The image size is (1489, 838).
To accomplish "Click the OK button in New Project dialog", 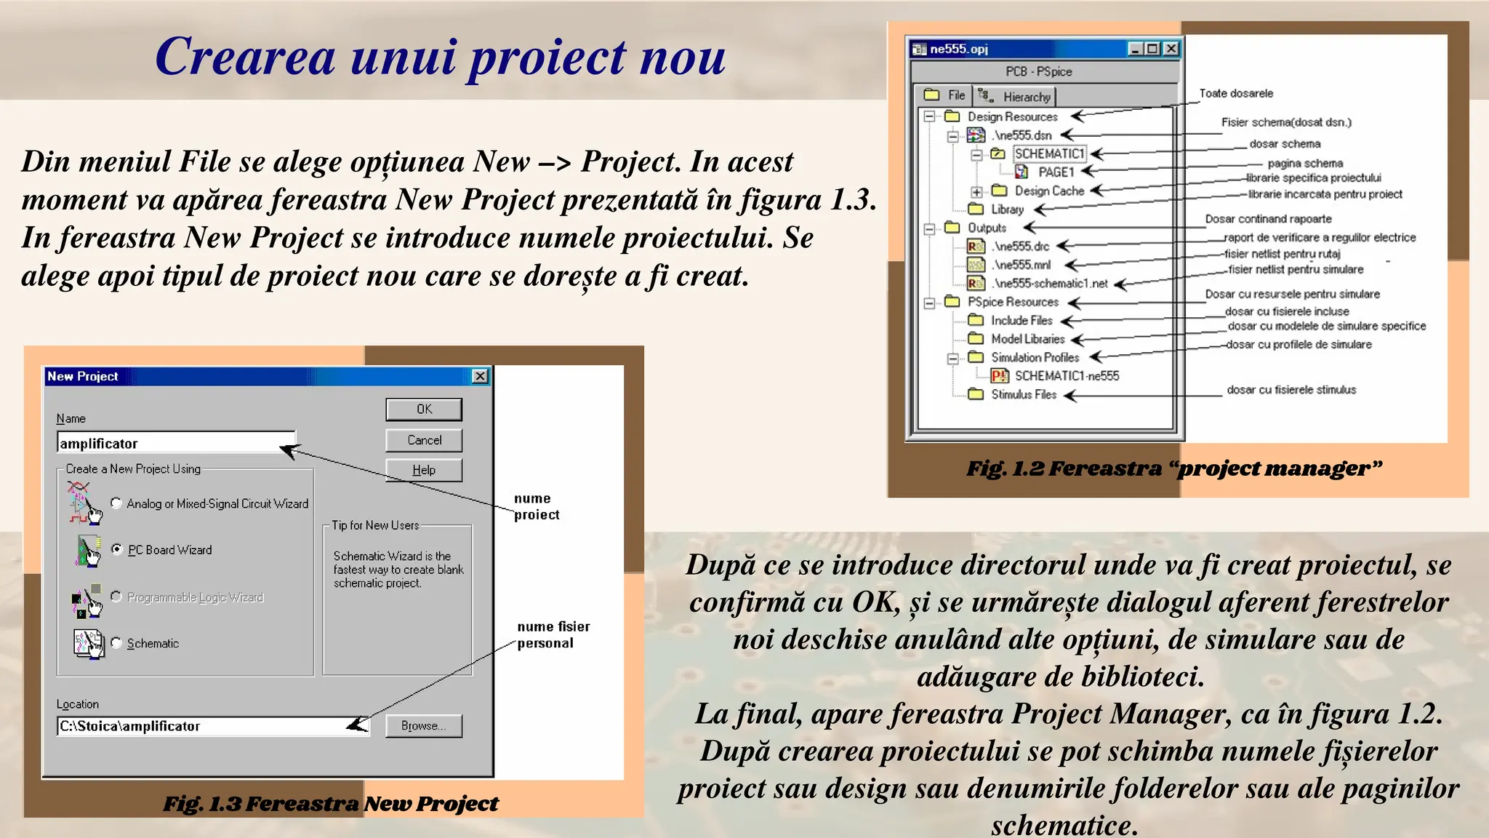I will pos(424,410).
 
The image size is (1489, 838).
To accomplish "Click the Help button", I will pos(424,471).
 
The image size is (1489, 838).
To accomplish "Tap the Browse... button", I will pos(424,726).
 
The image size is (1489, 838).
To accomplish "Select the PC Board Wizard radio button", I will pos(116,549).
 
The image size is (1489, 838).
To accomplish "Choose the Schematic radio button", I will pos(116,643).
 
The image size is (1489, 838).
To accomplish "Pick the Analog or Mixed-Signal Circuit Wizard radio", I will pos(116,503).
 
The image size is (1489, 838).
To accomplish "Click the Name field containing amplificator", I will pos(174,443).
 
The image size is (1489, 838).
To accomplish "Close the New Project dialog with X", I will pos(480,376).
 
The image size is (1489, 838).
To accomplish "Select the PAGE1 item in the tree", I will pos(1055,172).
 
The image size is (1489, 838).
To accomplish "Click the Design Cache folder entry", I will pos(1048,191).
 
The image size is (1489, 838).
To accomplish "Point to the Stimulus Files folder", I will pos(1023,394).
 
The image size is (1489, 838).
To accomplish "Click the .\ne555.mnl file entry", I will pos(1022,265).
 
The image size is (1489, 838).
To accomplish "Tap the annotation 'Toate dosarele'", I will pos(1236,93).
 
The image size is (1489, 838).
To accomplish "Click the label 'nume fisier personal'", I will pos(553,634).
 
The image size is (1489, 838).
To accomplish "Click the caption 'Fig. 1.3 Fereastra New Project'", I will pos(331,804).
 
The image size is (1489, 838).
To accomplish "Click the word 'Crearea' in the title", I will pos(245,57).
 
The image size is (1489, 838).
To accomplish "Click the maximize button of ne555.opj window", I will pos(1152,49).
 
